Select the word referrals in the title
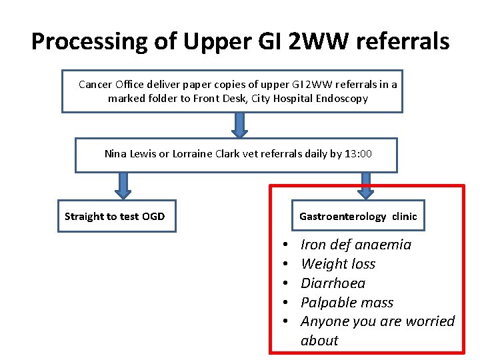pyautogui.click(x=403, y=41)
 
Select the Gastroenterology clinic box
pyautogui.click(x=358, y=216)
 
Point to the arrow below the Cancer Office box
pyautogui.click(x=240, y=125)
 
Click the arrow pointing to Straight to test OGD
pyautogui.click(x=123, y=185)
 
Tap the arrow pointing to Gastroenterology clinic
pyautogui.click(x=365, y=185)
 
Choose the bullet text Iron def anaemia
pyautogui.click(x=356, y=245)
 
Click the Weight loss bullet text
pyautogui.click(x=338, y=264)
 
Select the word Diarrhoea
pyautogui.click(x=333, y=283)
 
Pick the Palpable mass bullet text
pyautogui.click(x=347, y=302)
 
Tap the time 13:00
pyautogui.click(x=359, y=154)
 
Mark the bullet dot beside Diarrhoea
pyautogui.click(x=285, y=283)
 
